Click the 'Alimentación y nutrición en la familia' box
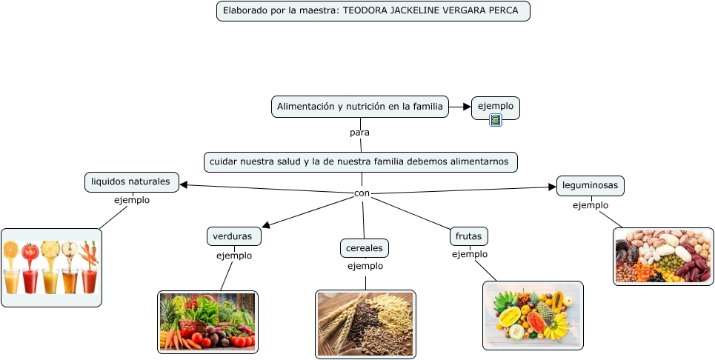[x=360, y=107]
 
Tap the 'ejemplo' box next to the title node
[x=496, y=106]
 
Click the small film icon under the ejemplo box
[x=496, y=120]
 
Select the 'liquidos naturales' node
[x=132, y=181]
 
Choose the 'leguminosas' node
[x=591, y=185]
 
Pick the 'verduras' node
[x=233, y=236]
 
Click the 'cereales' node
[x=365, y=247]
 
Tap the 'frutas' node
[x=469, y=236]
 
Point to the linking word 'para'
[x=359, y=133]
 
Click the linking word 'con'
[x=362, y=193]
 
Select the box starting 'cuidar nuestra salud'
[x=360, y=161]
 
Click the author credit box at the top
[x=373, y=11]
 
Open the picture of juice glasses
[x=51, y=267]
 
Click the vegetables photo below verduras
[x=207, y=321]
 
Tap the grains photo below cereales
[x=365, y=324]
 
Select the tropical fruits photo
[x=533, y=315]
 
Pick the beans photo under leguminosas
[x=663, y=256]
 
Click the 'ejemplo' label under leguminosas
[x=591, y=205]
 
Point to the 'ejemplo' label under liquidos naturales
[x=132, y=200]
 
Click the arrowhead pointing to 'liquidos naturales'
[x=184, y=184]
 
